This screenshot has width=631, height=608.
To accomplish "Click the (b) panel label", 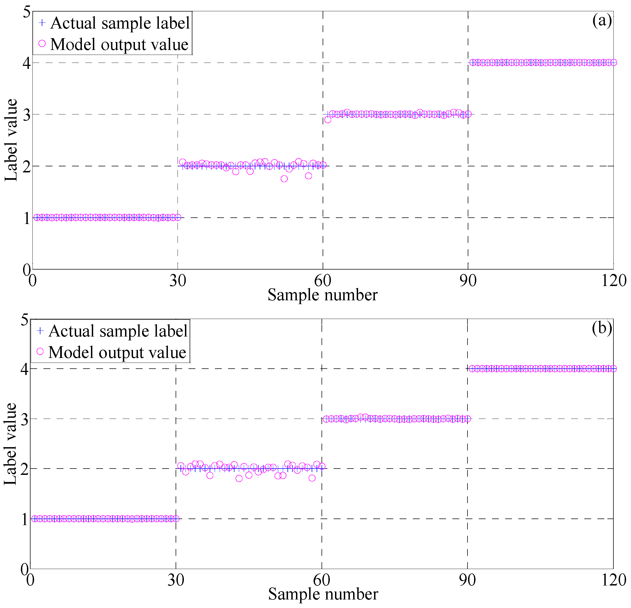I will (x=602, y=328).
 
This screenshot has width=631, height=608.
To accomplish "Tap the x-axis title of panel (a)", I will (x=322, y=295).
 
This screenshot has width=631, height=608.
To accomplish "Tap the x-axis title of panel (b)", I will (x=323, y=594).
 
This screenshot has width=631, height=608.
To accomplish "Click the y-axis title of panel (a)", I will (x=11, y=140).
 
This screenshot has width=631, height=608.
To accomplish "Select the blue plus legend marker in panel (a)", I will (x=42, y=23).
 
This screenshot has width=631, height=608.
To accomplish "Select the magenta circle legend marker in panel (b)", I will (x=40, y=351).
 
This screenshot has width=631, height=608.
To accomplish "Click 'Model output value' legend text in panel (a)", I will (x=119, y=44).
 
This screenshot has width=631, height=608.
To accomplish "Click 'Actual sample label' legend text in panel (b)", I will (x=118, y=331).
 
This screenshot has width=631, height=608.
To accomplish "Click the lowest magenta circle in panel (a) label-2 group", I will (x=284, y=179).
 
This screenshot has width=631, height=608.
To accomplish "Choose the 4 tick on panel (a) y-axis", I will (x=26, y=63).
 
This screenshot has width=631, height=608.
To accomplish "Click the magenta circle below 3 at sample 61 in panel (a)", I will (x=328, y=120).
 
